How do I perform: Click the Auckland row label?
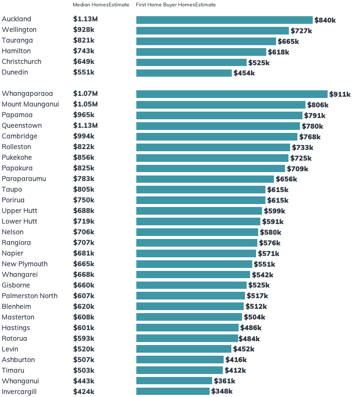coord(17,19)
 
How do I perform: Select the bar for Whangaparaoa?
coord(232,94)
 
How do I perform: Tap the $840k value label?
coord(325,20)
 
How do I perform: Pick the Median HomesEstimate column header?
coord(101,5)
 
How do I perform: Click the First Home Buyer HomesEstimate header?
coord(176,5)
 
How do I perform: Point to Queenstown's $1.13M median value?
coord(85,126)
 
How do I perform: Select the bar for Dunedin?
coord(184,73)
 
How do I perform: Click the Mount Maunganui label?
coord(30,104)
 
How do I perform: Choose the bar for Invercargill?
coord(173,391)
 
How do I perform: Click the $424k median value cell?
coord(84,392)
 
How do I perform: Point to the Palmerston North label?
coord(29,296)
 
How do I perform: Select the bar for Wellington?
coord(213,31)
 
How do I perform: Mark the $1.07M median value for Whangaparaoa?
coord(85,94)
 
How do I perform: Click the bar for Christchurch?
coord(191,62)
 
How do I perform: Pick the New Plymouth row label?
coord(25,264)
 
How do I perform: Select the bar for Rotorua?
coord(187,338)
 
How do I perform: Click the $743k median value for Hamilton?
coord(84,51)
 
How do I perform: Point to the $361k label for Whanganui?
coord(225,381)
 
